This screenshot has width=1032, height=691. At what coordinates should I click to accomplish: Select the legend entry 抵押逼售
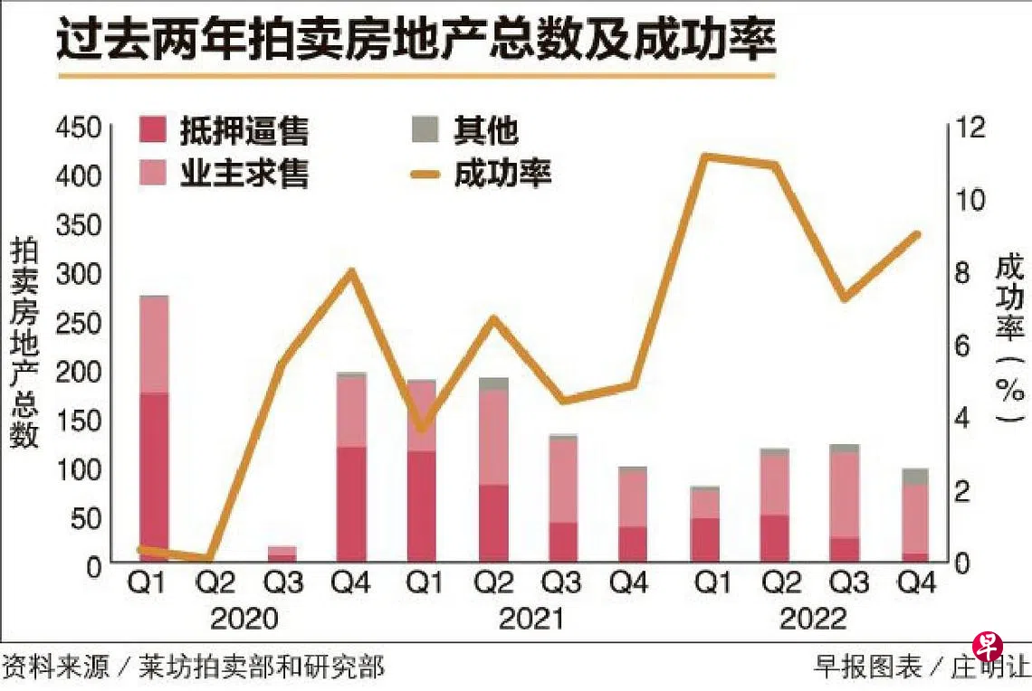pos(225,132)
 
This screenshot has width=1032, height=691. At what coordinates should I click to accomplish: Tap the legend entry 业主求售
pos(225,173)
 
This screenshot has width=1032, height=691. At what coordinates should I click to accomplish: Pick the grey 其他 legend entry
pos(466,132)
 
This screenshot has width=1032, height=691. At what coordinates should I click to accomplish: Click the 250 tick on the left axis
pos(79,321)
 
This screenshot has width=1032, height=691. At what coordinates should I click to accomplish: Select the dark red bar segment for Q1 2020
pos(154,478)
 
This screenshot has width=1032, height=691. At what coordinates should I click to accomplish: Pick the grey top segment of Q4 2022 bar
pos(916,476)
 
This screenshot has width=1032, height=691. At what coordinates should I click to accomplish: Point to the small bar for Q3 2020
pos(282,554)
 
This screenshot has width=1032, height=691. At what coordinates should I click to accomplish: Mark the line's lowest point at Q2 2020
pos(211,559)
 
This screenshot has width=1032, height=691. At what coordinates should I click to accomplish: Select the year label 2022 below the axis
pos(812,619)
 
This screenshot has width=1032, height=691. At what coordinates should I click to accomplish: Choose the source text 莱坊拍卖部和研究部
pos(262,668)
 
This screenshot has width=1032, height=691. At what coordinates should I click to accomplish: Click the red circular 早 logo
pos(989,646)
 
